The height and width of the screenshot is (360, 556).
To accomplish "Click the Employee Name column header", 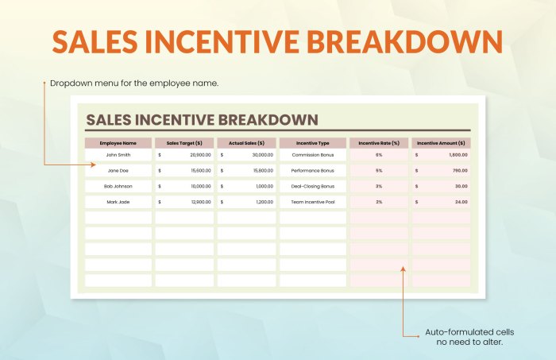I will (118, 143).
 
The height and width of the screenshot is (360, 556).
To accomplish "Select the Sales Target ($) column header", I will (183, 143).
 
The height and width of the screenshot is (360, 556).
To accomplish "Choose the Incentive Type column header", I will (313, 143).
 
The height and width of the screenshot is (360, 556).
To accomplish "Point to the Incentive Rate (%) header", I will (379, 143).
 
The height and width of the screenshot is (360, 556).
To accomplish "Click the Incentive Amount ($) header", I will (441, 143).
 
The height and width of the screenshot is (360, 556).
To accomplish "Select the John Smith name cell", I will (118, 155).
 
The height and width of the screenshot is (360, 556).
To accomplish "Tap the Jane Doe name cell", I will (118, 171).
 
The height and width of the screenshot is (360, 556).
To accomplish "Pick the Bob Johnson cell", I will (118, 186).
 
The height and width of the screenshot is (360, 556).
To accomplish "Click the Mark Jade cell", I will (118, 202).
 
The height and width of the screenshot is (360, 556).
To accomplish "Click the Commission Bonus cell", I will (313, 155).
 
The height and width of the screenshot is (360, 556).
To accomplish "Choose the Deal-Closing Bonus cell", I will (313, 186).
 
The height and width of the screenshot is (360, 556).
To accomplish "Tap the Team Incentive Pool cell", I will (313, 202).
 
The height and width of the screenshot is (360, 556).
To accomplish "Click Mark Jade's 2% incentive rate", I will (379, 202).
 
